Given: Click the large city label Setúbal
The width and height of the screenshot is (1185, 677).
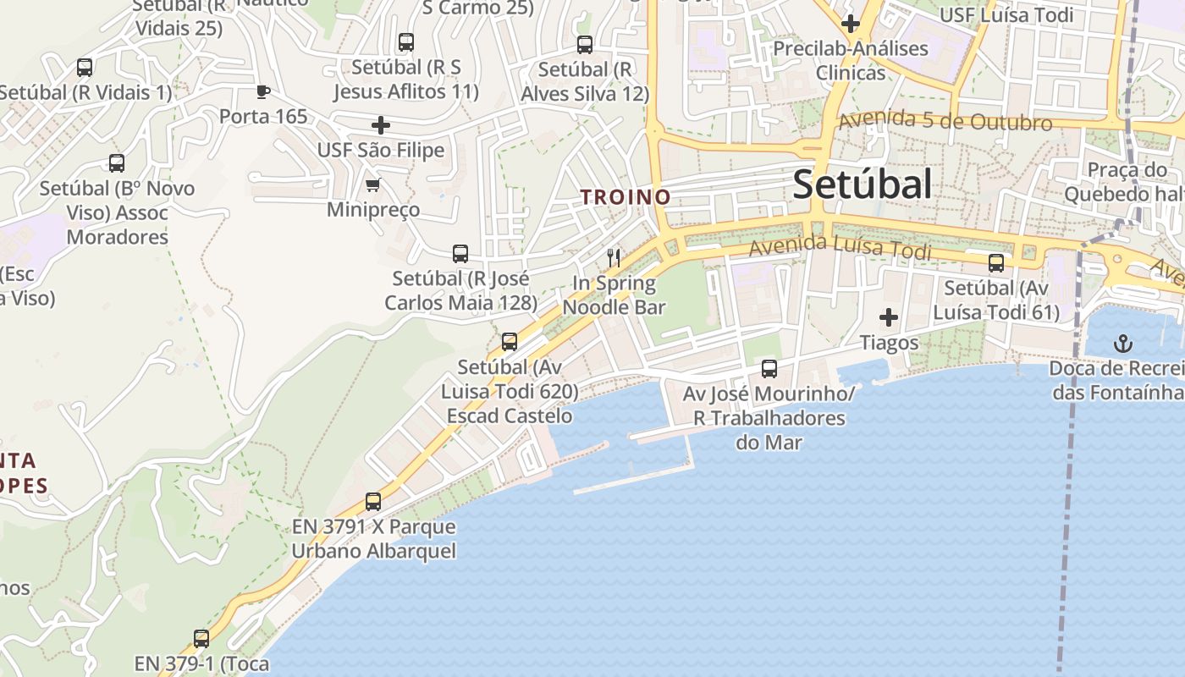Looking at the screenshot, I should click(x=862, y=184).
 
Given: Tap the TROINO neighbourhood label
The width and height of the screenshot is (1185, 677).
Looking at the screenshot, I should click(x=625, y=197).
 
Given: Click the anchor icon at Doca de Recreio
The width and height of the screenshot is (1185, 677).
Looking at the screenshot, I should click(x=1122, y=344).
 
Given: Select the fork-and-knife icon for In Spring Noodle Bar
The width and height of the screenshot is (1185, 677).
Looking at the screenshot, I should click(x=614, y=258).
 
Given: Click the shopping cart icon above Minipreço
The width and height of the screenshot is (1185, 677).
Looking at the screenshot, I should click(x=372, y=184).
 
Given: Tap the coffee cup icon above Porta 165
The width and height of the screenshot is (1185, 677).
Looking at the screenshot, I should click(x=262, y=91).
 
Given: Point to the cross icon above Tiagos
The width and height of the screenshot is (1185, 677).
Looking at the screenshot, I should click(x=888, y=317).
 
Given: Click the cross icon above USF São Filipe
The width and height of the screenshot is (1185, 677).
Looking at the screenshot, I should click(x=381, y=125).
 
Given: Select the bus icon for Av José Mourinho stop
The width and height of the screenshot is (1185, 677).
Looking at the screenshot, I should click(x=769, y=368).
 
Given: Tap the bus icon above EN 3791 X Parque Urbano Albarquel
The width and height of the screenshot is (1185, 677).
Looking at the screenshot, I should click(x=372, y=501).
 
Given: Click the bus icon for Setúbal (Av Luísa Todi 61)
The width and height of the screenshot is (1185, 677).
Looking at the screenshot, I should click(x=995, y=262).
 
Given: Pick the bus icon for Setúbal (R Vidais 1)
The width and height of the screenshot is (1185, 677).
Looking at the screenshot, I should click(x=85, y=67).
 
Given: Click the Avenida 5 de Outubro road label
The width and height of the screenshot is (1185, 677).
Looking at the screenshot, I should click(x=945, y=122).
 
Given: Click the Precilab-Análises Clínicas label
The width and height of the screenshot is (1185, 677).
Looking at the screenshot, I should click(x=850, y=60).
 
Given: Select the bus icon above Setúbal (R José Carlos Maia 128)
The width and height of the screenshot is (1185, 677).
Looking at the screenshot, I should click(x=460, y=253).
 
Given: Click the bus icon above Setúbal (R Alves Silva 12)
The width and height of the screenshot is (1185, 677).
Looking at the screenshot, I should click(x=584, y=45).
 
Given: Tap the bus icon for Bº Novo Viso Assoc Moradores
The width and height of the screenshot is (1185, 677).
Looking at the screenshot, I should click(x=117, y=163).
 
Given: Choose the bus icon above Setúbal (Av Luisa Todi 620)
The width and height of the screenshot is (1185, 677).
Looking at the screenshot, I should click(x=509, y=341).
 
